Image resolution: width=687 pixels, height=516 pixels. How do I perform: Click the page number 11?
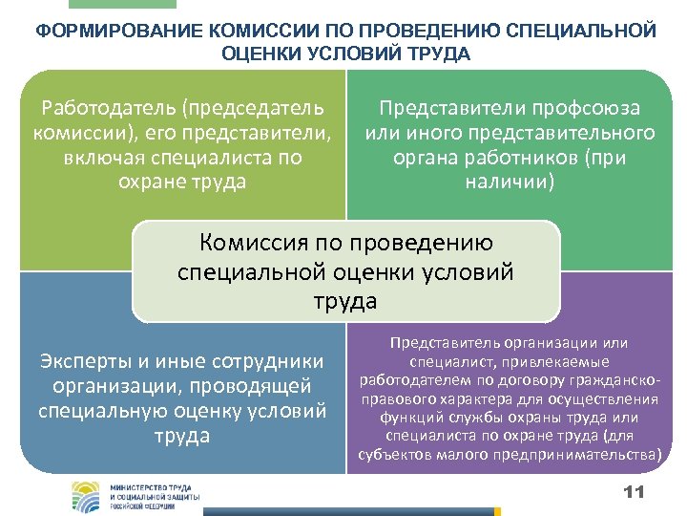pyautogui.click(x=634, y=491)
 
